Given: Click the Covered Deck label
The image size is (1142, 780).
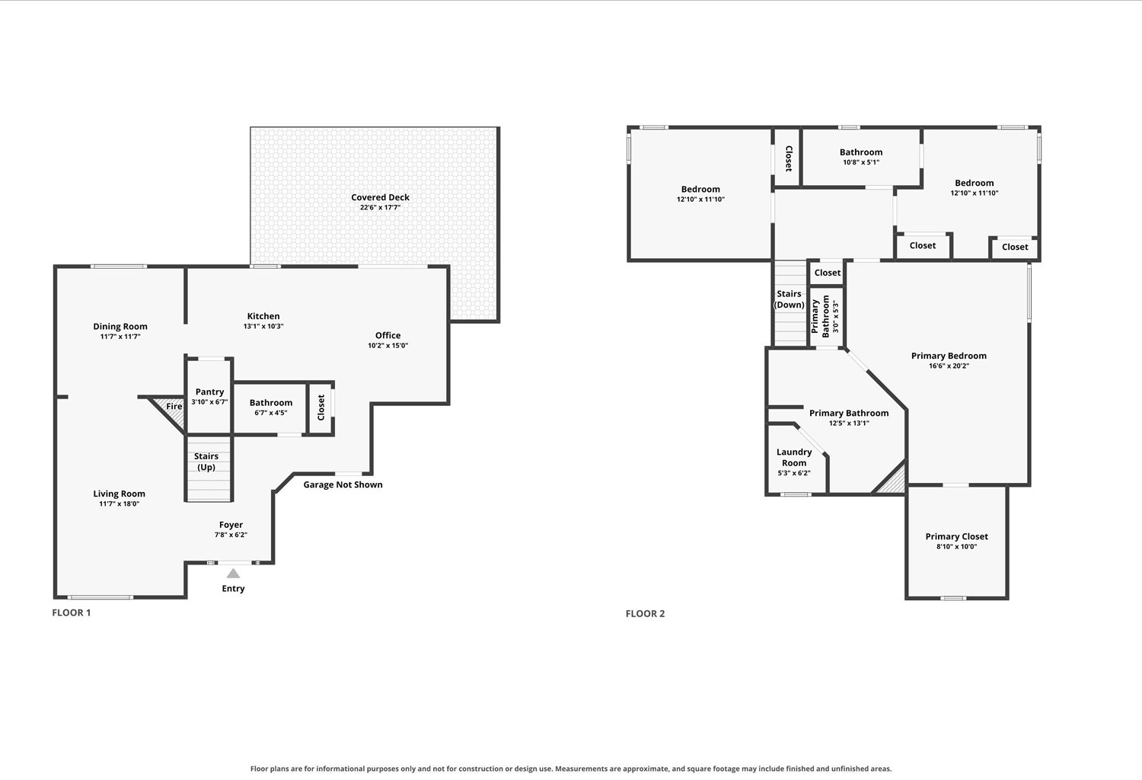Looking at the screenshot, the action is click(x=380, y=197).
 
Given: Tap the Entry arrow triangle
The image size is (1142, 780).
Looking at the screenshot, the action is click(x=233, y=574).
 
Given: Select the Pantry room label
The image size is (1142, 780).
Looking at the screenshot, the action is click(x=209, y=392).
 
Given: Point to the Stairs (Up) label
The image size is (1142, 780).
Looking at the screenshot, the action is click(x=206, y=462).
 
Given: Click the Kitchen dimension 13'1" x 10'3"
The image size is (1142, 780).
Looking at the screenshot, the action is click(x=263, y=327).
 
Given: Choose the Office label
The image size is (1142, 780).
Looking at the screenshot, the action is click(x=388, y=335).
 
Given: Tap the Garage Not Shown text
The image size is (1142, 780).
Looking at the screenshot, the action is click(x=343, y=484).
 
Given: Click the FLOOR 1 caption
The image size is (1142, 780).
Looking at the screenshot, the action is click(x=72, y=612).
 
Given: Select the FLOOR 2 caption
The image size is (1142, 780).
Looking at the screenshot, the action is click(x=645, y=614).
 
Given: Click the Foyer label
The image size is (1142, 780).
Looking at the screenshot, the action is click(x=231, y=525).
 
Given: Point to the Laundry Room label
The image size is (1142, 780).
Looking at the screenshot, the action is click(x=794, y=458).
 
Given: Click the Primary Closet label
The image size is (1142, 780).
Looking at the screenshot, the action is click(x=956, y=537).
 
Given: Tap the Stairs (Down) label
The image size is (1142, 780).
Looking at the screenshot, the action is click(x=789, y=299).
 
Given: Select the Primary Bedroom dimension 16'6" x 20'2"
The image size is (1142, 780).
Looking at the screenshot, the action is click(x=949, y=366).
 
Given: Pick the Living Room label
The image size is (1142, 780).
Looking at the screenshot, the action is click(x=119, y=494).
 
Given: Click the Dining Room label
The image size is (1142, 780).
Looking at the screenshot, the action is click(x=120, y=327).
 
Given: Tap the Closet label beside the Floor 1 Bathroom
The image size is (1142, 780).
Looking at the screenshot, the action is click(x=321, y=408).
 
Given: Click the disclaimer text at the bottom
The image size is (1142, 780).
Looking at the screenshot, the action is click(x=571, y=769).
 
